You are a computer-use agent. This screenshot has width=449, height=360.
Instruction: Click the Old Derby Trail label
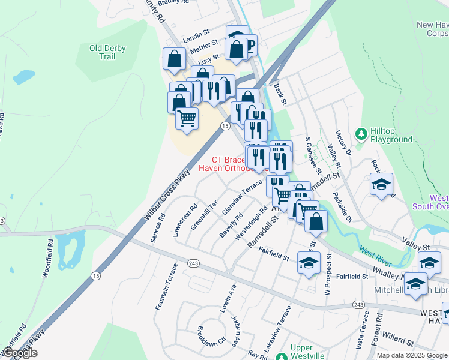pyautogui.click(x=110, y=52)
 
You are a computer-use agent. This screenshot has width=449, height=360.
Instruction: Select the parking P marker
pyautogui.click(x=249, y=44)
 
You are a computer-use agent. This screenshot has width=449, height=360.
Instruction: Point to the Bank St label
pyautogui.click(x=280, y=94)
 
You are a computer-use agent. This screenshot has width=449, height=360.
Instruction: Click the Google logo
pyautogui.click(x=20, y=353)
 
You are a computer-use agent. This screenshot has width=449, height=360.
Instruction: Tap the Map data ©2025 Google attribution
pyautogui.click(x=412, y=355)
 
